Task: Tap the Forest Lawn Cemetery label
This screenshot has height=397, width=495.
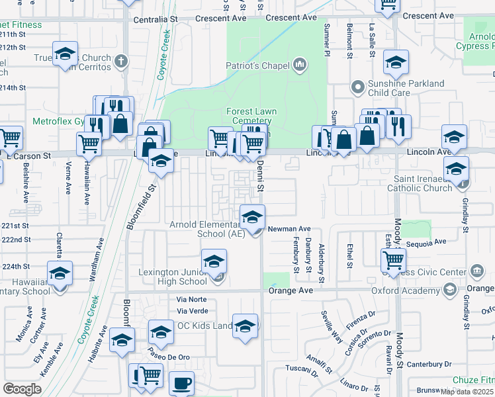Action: (251, 116)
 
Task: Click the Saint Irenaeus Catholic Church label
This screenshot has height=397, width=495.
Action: (423, 183)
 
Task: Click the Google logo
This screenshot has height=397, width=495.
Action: (22, 388)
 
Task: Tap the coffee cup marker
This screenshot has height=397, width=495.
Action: (181, 382)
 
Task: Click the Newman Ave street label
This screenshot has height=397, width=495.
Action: (289, 229)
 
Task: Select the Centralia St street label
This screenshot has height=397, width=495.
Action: (156, 20)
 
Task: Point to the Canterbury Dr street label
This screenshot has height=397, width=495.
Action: (429, 364)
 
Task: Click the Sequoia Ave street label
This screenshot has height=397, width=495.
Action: (427, 243)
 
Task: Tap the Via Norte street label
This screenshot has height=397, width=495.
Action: (193, 299)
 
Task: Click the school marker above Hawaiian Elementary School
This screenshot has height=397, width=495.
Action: (60, 274)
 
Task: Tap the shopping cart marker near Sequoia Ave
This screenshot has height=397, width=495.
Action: (394, 259)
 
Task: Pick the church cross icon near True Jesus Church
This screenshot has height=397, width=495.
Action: (120, 62)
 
